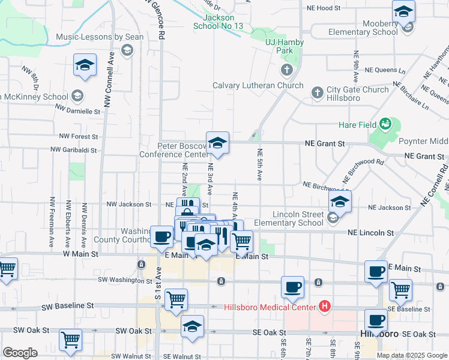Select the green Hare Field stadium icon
coord(385,125)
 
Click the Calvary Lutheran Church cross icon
coord(287,70)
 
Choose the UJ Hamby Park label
coord(285,47)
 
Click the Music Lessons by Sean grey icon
coord(126,50)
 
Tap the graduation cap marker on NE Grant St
coord(217,143)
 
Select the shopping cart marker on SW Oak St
coord(71,340)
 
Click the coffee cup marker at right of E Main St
coord(376,271)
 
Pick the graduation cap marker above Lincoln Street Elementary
coord(340,202)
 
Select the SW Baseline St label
coord(68,306)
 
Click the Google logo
coord(20,353)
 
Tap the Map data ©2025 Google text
coord(412,355)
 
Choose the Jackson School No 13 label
coord(218,22)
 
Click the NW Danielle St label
coord(77,111)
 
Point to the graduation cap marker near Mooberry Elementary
coord(403,11)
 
